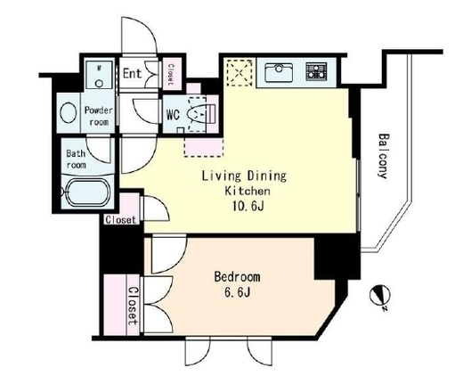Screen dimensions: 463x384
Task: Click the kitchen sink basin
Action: [279, 72]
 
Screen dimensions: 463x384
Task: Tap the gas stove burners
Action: [316, 72]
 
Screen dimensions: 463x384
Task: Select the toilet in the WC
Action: [198, 114]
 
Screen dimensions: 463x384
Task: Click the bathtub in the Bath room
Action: [87, 192]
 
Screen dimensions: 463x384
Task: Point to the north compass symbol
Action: [378, 297]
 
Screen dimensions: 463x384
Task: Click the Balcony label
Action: [384, 156]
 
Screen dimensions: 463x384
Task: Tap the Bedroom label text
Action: [237, 277]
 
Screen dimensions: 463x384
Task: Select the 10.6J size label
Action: [248, 206]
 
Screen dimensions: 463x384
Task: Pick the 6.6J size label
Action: [237, 292]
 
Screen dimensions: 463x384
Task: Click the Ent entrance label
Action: [133, 73]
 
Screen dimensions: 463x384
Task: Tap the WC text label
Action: [173, 115]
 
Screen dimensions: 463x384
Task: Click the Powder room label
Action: [99, 116]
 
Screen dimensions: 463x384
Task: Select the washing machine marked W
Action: [99, 74]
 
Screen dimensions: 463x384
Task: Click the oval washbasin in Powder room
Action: [69, 112]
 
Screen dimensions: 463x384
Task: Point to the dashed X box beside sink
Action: [240, 73]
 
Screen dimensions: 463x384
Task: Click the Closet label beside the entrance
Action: [171, 75]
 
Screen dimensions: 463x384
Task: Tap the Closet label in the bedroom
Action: [134, 306]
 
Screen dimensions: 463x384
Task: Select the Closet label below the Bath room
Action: [121, 220]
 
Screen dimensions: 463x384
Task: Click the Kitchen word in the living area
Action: [248, 191]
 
